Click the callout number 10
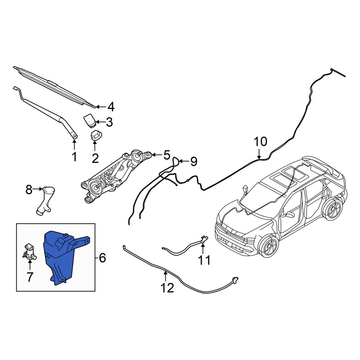click(260, 141)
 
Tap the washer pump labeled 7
click(29, 252)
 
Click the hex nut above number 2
click(95, 135)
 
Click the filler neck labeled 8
click(45, 200)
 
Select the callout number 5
click(166, 155)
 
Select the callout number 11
click(204, 260)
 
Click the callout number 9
click(194, 162)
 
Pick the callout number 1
click(74, 157)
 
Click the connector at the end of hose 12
click(235, 279)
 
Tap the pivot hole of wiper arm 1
click(74, 136)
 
